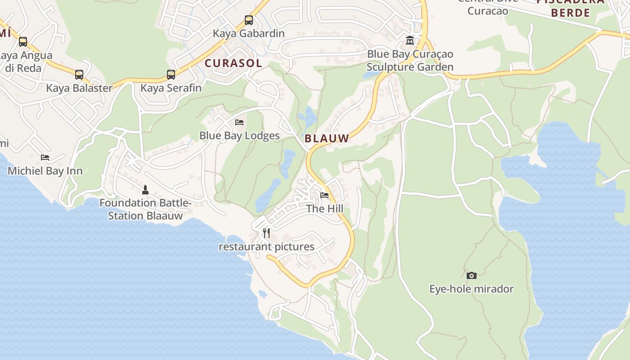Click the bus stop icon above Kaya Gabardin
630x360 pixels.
pos(249,20)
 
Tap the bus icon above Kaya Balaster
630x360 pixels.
pos(79,75)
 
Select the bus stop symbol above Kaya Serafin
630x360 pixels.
pos(171,75)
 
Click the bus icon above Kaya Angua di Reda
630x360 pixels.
pos(23,42)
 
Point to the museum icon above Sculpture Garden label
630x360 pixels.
pos(410,40)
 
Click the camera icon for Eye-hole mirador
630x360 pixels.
pos(472,275)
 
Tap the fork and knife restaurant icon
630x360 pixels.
pos(266,233)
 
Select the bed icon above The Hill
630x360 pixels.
pos(324,195)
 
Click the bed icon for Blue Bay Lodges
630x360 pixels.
pos(239,122)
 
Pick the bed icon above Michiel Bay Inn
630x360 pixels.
pos(45,157)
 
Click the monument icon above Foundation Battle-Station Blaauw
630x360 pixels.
pos(145,189)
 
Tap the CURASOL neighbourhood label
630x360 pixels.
pos(233,63)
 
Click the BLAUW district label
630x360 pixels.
pos(327,139)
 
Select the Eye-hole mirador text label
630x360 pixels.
pos(471,289)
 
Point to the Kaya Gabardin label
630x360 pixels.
pos(248,34)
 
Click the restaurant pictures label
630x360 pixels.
pos(266,247)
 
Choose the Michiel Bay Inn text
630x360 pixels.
pos(45,171)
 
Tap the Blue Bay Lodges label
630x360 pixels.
pos(239,136)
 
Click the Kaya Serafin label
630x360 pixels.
pos(171,88)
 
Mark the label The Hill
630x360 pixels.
pos(324,209)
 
